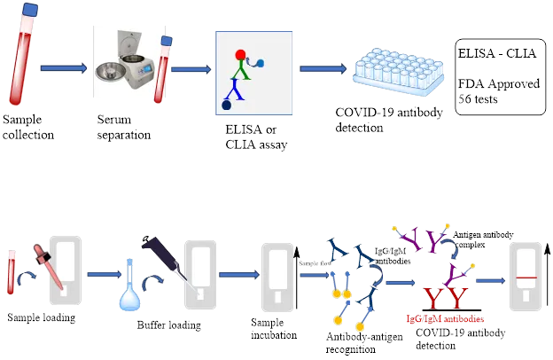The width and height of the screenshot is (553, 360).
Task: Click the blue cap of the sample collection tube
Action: [x=30, y=10]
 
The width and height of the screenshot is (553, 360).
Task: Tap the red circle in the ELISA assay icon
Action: [x=240, y=55]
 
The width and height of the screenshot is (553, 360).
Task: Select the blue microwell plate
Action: [x=399, y=72]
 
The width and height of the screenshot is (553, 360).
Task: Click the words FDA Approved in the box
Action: [x=499, y=83]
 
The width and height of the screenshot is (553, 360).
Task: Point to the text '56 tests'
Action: [x=478, y=98]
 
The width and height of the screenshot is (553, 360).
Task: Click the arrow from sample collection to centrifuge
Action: [x=64, y=68]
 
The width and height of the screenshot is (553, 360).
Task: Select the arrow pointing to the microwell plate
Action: [x=323, y=68]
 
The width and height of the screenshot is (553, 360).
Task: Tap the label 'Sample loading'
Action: [x=42, y=317]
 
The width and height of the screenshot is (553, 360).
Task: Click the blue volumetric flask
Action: [x=129, y=287]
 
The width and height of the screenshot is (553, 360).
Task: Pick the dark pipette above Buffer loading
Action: [x=167, y=260]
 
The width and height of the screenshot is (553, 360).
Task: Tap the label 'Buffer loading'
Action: [x=169, y=325]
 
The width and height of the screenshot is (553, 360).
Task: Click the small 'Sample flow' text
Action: [x=315, y=263]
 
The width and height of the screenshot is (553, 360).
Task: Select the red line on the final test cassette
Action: [x=526, y=278]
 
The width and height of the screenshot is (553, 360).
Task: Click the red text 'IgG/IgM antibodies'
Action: [x=445, y=319]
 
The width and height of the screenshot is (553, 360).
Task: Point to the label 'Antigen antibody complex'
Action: [x=483, y=239]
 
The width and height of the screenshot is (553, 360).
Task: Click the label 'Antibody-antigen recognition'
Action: [x=364, y=343]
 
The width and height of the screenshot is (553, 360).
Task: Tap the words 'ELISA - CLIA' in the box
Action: [x=497, y=53]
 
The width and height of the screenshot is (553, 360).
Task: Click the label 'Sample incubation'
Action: [x=274, y=329]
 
